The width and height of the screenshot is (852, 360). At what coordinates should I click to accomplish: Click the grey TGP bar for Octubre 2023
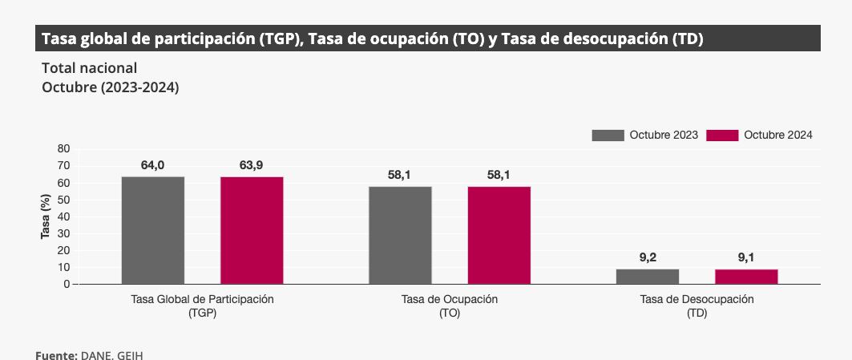pyautogui.click(x=153, y=230)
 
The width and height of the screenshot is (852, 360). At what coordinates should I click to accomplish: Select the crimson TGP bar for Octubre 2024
pyautogui.click(x=252, y=230)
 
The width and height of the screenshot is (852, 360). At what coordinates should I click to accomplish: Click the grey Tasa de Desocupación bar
pyautogui.click(x=648, y=277)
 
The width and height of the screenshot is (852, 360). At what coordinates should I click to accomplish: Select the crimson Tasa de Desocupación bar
pyautogui.click(x=746, y=277)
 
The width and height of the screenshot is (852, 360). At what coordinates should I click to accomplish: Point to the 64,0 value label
pyautogui.click(x=152, y=165)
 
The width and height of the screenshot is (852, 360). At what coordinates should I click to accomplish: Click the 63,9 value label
pyautogui.click(x=251, y=165)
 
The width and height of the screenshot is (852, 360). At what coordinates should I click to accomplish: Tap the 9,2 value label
pyautogui.click(x=648, y=257)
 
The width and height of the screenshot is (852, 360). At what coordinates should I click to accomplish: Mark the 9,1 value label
pyautogui.click(x=746, y=257)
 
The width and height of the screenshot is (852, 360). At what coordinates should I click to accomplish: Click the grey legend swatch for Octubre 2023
pyautogui.click(x=608, y=136)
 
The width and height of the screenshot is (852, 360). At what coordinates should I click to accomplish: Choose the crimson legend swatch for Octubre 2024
pyautogui.click(x=722, y=136)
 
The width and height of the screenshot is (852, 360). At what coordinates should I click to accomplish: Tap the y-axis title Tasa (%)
pyautogui.click(x=46, y=216)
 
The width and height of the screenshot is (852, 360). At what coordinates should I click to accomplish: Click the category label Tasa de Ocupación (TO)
pyautogui.click(x=449, y=305)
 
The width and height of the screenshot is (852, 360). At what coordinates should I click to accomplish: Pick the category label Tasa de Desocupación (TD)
pyautogui.click(x=697, y=305)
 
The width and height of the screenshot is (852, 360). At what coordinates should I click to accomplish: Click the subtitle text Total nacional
pyautogui.click(x=89, y=68)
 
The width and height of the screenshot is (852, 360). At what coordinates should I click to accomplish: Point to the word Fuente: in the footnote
pyautogui.click(x=56, y=354)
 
